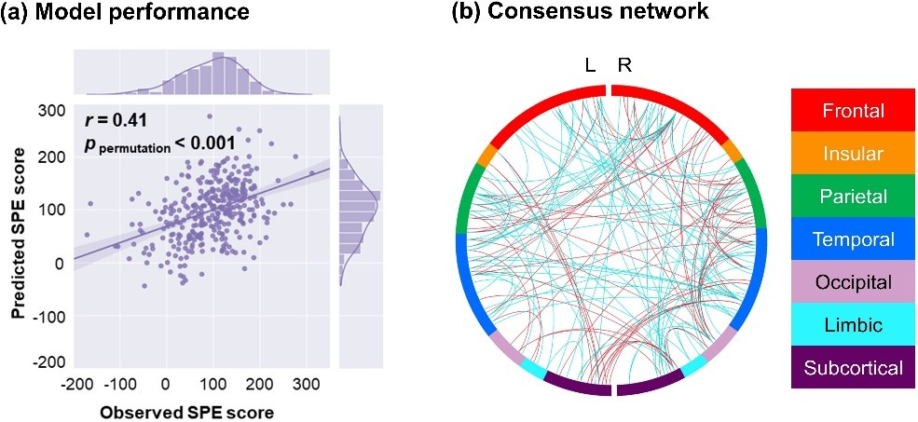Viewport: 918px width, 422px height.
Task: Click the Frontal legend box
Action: (853, 111)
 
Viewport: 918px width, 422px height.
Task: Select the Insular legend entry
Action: (853, 153)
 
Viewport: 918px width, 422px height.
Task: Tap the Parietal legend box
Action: (853, 196)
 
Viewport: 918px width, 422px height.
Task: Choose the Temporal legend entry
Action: (853, 238)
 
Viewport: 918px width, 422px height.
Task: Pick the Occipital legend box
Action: (853, 281)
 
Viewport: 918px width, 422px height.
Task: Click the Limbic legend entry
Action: (853, 324)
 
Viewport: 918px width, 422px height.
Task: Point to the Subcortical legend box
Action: (853, 367)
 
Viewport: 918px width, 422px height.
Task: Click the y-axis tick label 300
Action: (48, 111)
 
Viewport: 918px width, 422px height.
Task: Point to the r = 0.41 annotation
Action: (111, 119)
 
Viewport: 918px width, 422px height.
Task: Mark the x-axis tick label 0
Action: (166, 383)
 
